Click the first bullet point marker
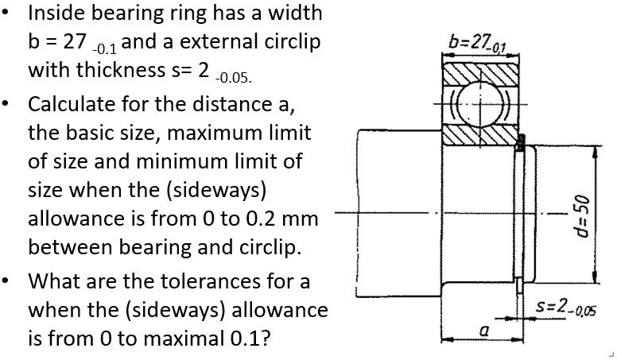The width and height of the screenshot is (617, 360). pos(9,14)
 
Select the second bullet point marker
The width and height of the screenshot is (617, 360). pos(9,104)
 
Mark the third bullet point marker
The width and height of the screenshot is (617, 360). pos(9,282)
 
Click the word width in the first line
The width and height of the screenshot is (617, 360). pos(295,14)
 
